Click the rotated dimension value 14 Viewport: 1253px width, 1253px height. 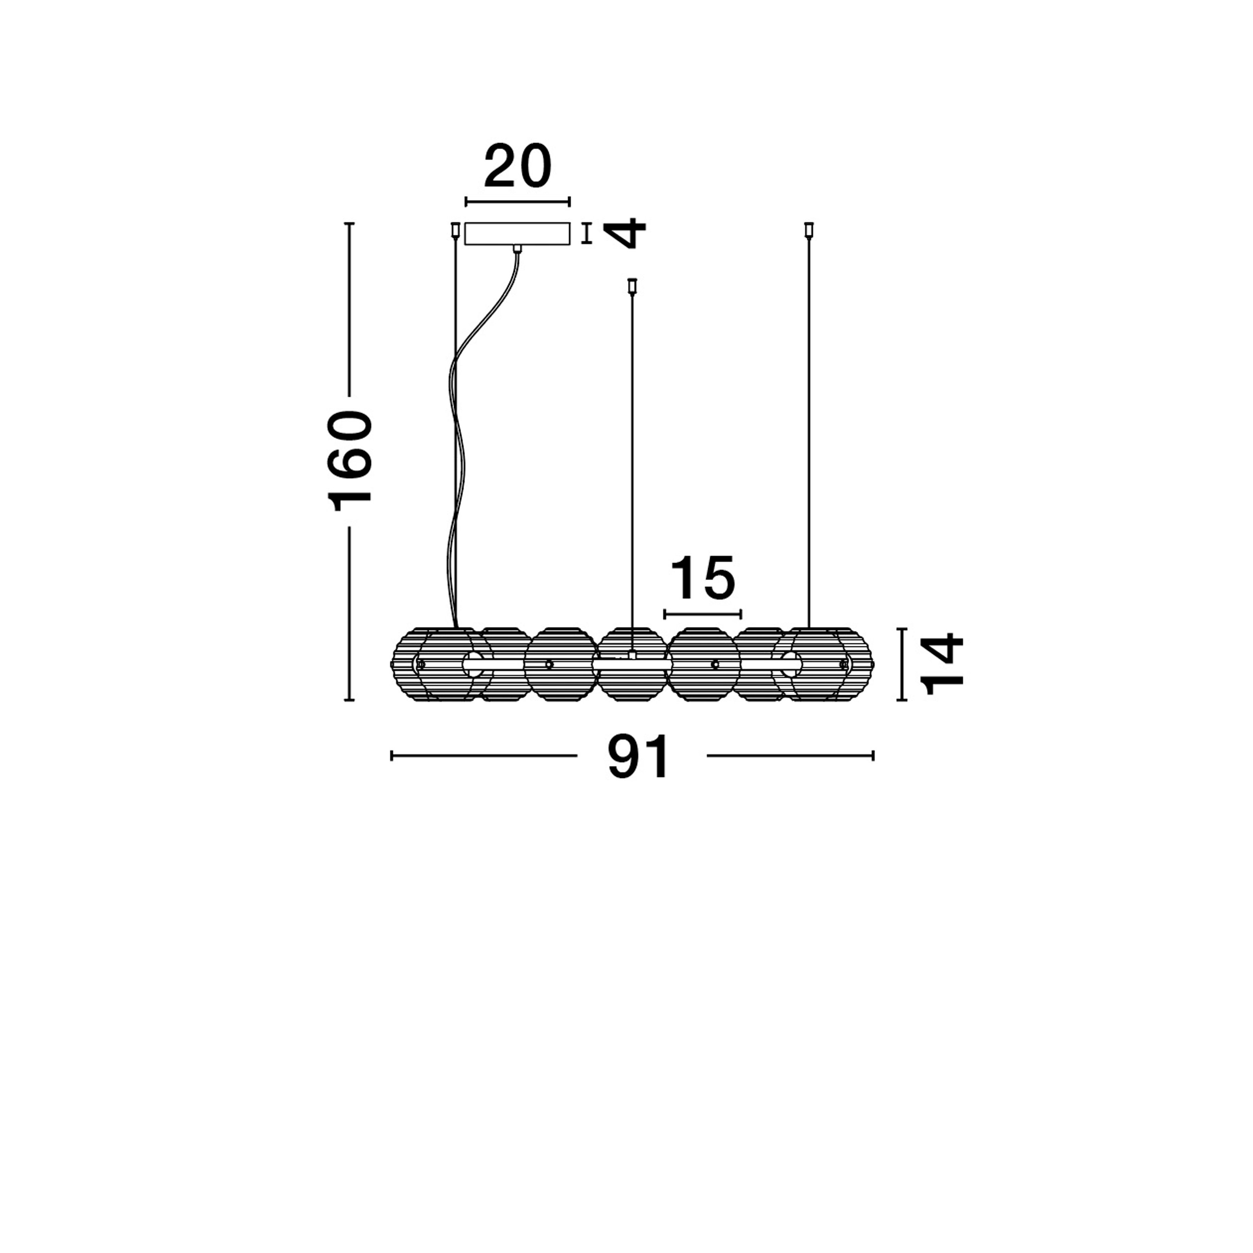coord(942,664)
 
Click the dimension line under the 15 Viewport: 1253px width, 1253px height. coord(702,613)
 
